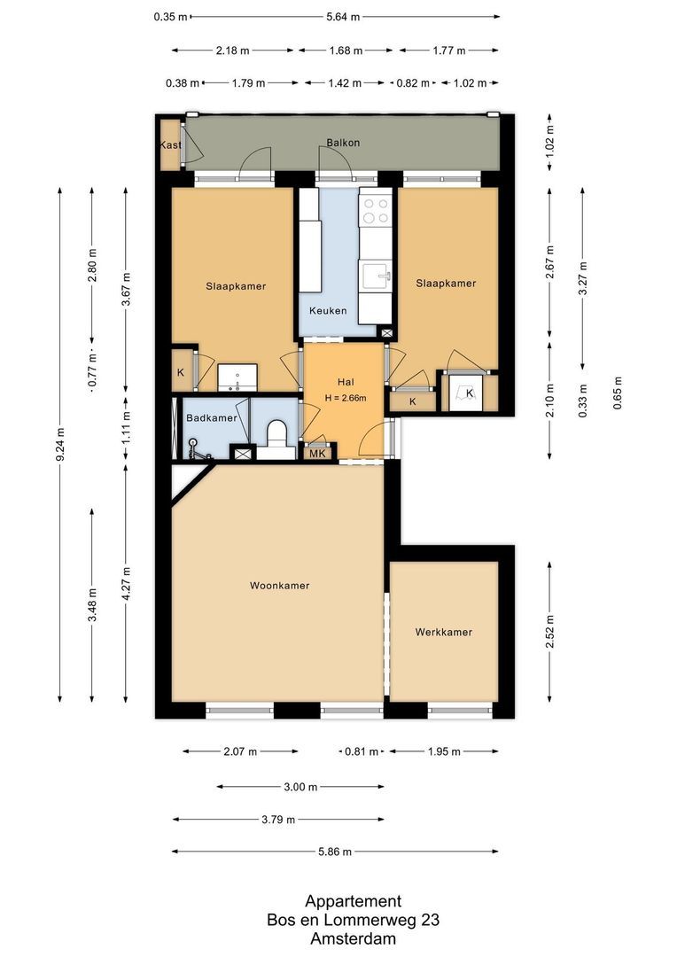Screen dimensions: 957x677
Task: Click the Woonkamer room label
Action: tap(279, 586)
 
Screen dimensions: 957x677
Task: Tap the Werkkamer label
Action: tap(443, 633)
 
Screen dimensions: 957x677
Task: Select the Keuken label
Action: tap(327, 311)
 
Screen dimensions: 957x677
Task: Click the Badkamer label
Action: tap(211, 418)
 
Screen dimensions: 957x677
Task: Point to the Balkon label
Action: tap(343, 142)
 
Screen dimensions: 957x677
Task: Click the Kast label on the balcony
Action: tap(170, 144)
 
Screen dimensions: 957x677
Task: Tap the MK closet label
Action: tap(316, 454)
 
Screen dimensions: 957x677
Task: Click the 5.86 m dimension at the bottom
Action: tap(335, 852)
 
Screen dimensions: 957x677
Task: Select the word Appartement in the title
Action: tap(353, 901)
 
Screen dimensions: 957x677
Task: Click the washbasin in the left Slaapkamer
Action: tap(237, 378)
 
